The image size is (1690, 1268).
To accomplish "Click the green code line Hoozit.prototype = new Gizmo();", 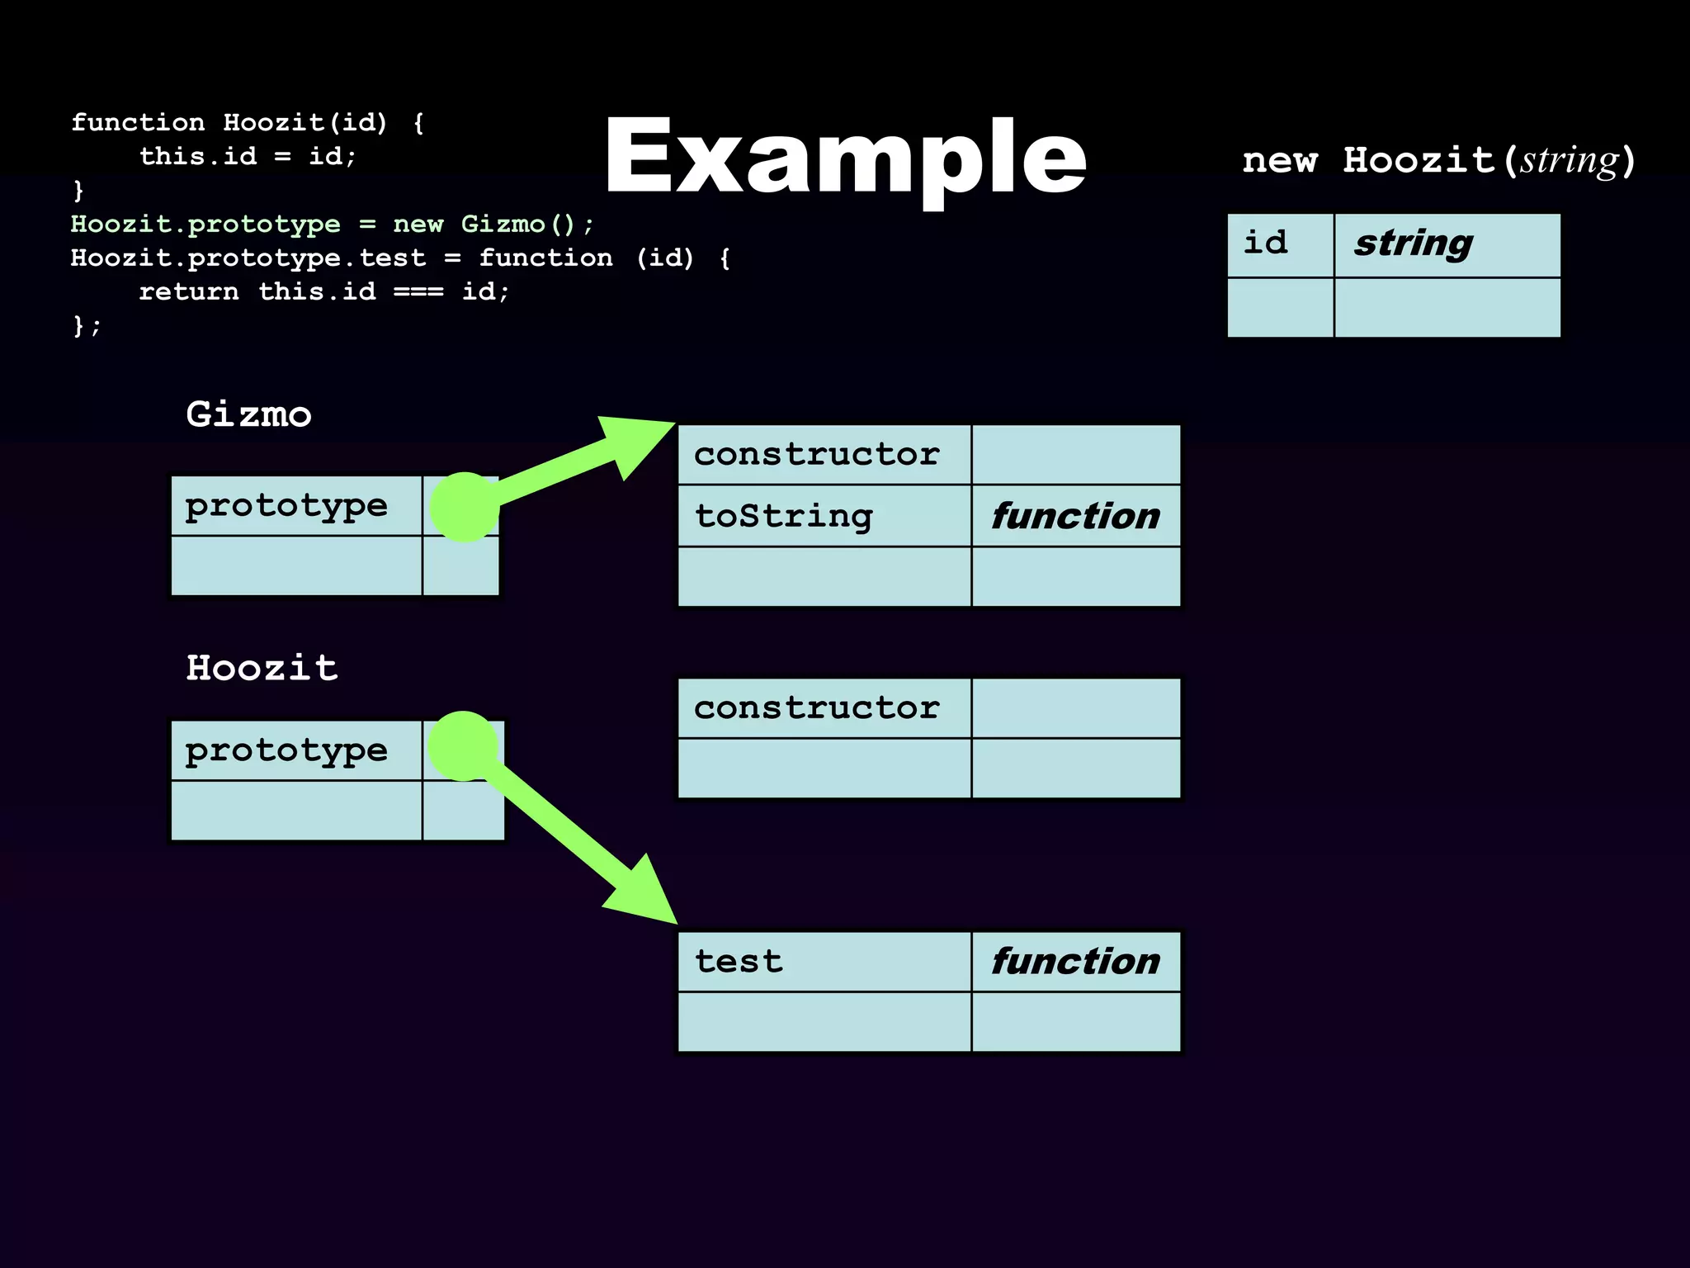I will click(332, 224).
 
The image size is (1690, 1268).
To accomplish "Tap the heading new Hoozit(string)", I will click(1438, 159).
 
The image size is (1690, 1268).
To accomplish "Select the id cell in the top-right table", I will click(1280, 244).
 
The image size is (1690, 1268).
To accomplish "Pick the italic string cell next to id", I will click(1447, 244).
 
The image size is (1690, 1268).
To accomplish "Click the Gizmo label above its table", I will click(248, 414).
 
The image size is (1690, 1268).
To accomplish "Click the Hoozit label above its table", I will click(262, 667).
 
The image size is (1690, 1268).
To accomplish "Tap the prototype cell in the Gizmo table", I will click(295, 505).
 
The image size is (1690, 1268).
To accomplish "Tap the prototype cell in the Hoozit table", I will click(295, 750).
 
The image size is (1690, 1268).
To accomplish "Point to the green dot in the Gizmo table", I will click(465, 507).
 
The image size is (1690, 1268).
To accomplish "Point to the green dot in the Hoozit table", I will click(463, 745).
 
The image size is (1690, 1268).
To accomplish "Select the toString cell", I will click(824, 516).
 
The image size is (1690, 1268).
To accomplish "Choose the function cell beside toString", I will click(1075, 516).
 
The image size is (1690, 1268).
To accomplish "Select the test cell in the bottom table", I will click(824, 961).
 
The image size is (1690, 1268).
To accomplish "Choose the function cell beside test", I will click(1075, 961).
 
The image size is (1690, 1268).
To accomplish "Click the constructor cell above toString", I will click(824, 454).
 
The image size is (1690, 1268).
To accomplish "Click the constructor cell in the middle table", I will click(824, 707).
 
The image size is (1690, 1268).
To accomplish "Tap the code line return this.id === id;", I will click(323, 291).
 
